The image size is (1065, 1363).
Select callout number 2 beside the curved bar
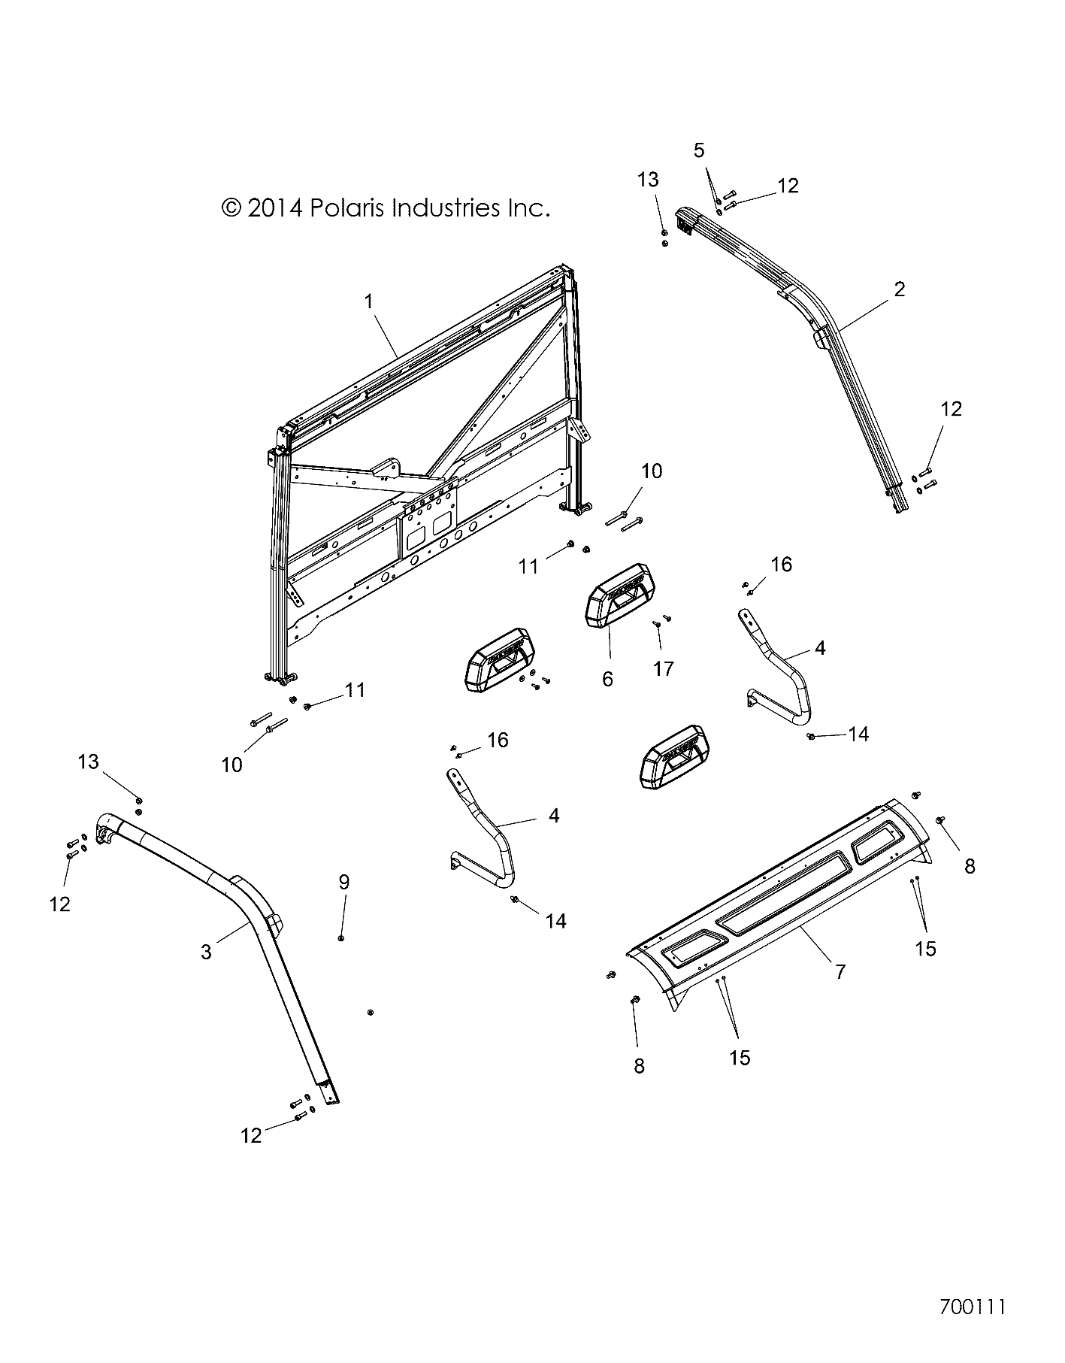pyautogui.click(x=900, y=289)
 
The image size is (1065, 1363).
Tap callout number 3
pyautogui.click(x=206, y=952)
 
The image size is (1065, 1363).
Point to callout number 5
pyautogui.click(x=699, y=150)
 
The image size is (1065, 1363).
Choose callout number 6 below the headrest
pyautogui.click(x=607, y=680)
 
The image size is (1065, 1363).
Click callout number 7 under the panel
pyautogui.click(x=840, y=971)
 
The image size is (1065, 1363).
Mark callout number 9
pyautogui.click(x=343, y=881)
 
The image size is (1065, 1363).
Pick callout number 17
pyautogui.click(x=663, y=668)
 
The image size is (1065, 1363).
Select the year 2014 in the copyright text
pyautogui.click(x=274, y=207)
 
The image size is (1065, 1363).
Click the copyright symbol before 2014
pyautogui.click(x=231, y=207)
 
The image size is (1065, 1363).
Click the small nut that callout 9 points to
pyautogui.click(x=342, y=937)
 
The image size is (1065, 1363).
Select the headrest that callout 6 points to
pyautogui.click(x=619, y=594)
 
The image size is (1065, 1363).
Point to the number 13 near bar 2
pyautogui.click(x=648, y=180)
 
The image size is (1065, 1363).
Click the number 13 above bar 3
pyautogui.click(x=88, y=762)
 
